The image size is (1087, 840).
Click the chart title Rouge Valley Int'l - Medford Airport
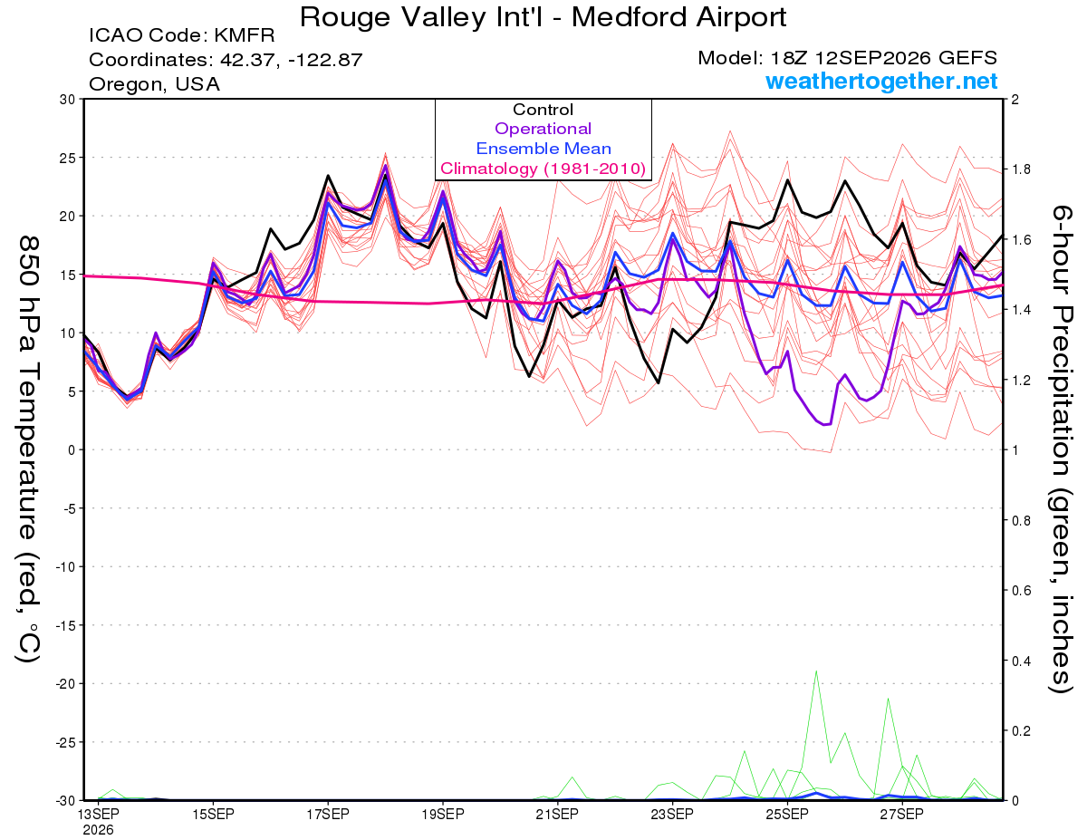point(543,17)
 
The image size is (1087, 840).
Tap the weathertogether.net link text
point(881,81)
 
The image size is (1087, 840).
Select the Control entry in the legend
point(543,109)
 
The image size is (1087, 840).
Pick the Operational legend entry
point(543,129)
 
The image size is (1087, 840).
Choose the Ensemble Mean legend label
point(543,148)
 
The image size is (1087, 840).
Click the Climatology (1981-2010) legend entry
point(543,169)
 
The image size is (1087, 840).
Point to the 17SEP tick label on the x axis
point(328,814)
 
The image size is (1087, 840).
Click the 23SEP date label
point(672,814)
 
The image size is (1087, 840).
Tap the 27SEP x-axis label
point(902,814)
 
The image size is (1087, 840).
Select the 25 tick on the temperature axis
point(68,158)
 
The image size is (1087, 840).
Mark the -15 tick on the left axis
point(65,625)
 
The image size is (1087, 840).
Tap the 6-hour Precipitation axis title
point(1061,449)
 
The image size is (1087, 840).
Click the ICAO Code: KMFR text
point(181,35)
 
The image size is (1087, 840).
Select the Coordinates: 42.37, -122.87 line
point(226,60)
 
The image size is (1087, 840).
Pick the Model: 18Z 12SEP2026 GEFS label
point(847,58)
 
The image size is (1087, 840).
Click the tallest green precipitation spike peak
point(816,671)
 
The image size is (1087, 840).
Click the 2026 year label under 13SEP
point(98,830)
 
